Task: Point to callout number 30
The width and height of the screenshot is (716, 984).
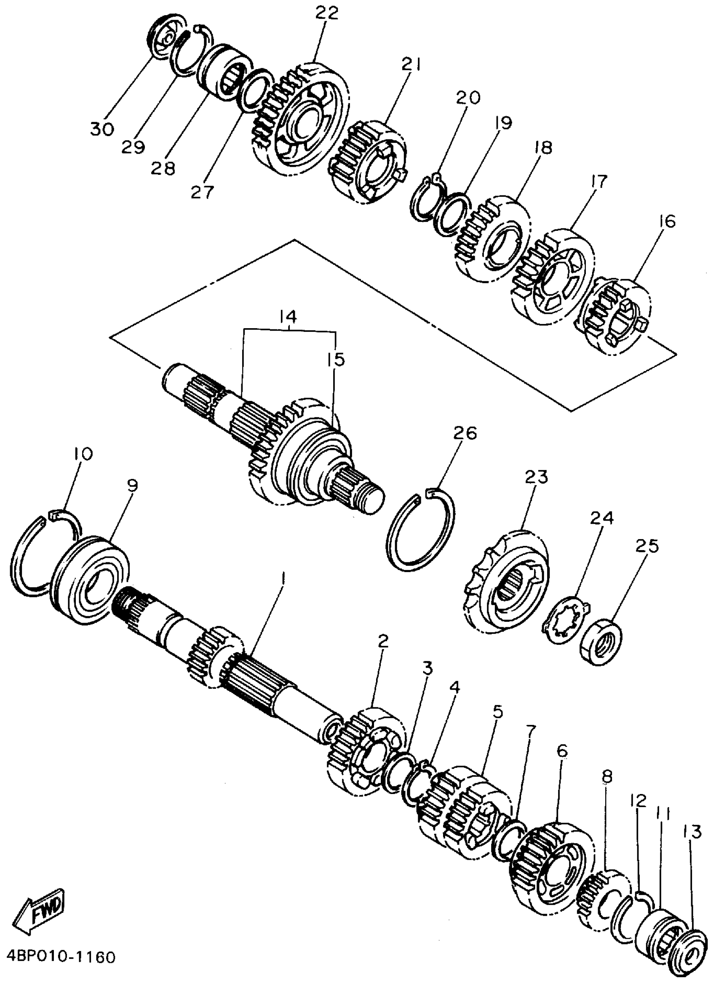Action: [x=102, y=129]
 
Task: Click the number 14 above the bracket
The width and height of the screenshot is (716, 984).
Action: [x=288, y=316]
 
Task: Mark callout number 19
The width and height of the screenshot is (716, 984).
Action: [x=502, y=123]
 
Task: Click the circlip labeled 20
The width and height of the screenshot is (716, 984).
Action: [x=426, y=201]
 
